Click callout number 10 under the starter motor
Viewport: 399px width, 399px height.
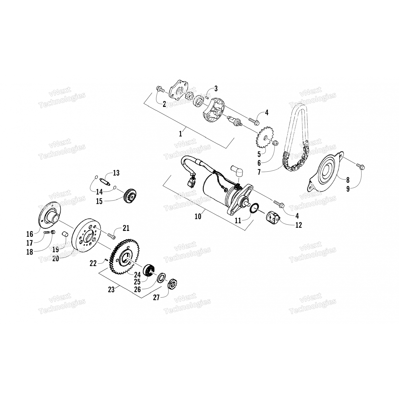tap(198, 216)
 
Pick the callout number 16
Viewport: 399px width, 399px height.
tap(30, 234)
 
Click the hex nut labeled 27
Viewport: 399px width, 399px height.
tap(173, 285)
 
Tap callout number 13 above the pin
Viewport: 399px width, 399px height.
tap(116, 173)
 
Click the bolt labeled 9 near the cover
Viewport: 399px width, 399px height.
tap(361, 167)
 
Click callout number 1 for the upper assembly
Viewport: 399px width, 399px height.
tap(181, 134)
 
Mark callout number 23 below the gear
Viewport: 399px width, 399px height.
tap(111, 289)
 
